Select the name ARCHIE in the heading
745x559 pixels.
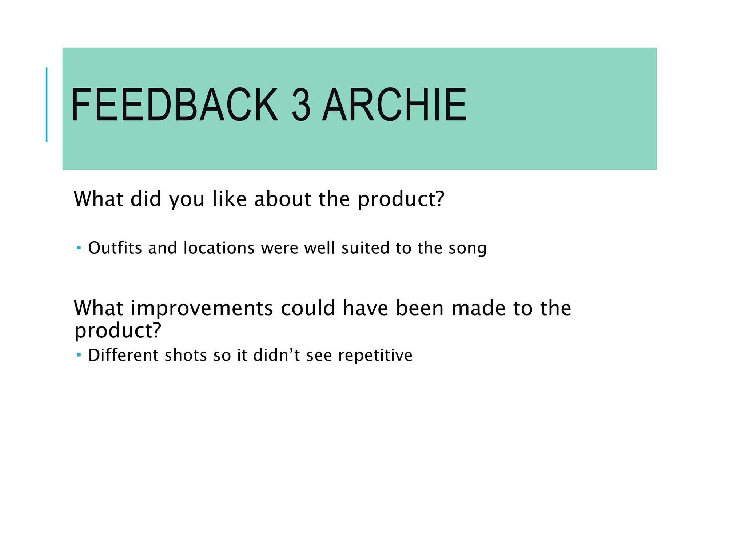click(x=394, y=105)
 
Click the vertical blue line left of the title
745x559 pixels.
click(x=47, y=104)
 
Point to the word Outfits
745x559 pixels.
click(x=115, y=248)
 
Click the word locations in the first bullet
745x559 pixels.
click(x=219, y=248)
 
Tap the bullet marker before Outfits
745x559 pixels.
click(x=79, y=248)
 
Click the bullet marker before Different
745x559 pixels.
click(x=79, y=355)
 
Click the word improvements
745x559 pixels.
click(x=202, y=308)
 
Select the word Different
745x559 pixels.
click(x=123, y=355)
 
